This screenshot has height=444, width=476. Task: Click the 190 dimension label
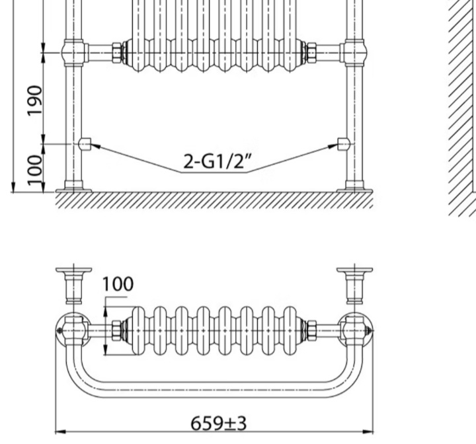coord(34,100)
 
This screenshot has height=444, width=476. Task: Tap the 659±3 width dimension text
coord(219,424)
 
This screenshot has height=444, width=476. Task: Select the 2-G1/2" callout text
coord(218,161)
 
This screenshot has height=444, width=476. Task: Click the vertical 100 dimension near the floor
coord(34,170)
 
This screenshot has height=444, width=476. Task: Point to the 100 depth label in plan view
coord(118,284)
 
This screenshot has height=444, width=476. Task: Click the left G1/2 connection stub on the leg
coord(85,144)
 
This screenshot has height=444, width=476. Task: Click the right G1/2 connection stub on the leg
coord(344,144)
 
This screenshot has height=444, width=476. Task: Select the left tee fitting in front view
coord(75,53)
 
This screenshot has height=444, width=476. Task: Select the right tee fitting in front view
coord(354,53)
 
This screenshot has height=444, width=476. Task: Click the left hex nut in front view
coord(117,53)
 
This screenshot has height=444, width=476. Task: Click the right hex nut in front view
coord(311,53)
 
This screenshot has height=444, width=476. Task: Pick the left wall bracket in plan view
coord(74,285)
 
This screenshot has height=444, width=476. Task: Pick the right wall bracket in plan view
coord(354,285)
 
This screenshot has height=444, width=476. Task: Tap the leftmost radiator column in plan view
coord(138,330)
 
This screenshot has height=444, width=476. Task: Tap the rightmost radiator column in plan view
coord(290,330)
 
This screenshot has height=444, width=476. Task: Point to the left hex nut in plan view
coord(116,330)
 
